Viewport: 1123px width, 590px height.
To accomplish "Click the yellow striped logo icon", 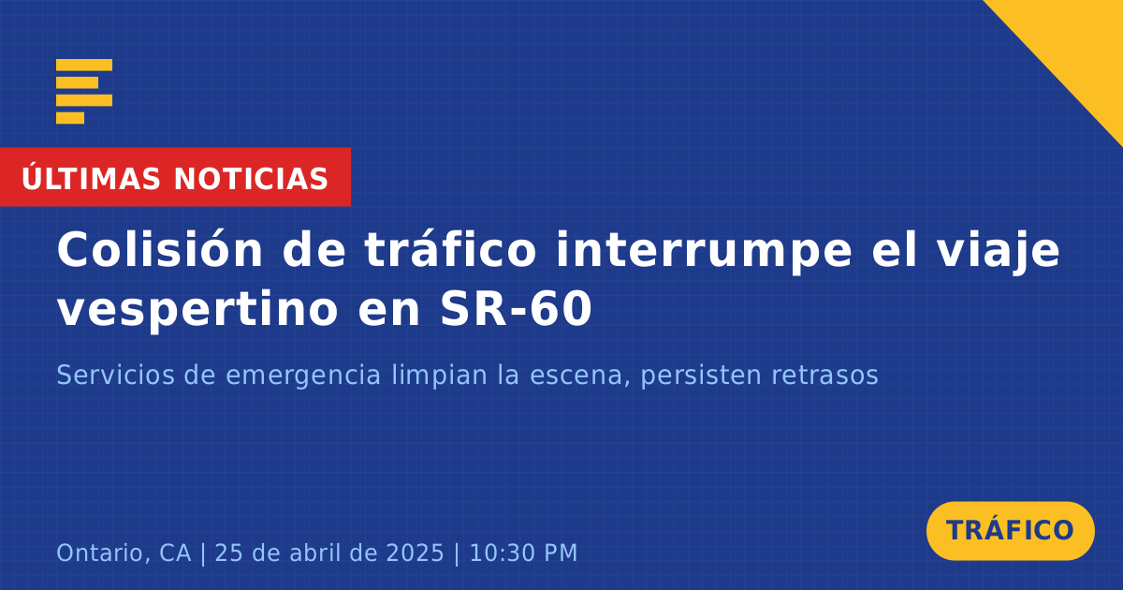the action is point(84,92).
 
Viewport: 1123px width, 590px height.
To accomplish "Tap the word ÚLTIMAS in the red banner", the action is point(91,178).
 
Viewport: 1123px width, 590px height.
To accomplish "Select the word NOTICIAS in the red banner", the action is point(251,179).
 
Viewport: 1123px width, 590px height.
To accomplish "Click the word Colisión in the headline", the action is point(160,250).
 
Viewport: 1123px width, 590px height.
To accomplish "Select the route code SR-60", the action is point(517,308).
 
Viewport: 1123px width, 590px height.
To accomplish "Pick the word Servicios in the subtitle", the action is point(116,375).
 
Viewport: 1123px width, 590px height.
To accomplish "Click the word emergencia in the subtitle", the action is point(303,376).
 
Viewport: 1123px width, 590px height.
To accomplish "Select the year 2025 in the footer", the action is point(416,553).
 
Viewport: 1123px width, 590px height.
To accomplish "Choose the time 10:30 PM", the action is point(523,553).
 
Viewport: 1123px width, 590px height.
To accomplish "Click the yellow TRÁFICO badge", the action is point(1010,530).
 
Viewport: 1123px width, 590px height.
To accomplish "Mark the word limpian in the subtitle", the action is point(440,376).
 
